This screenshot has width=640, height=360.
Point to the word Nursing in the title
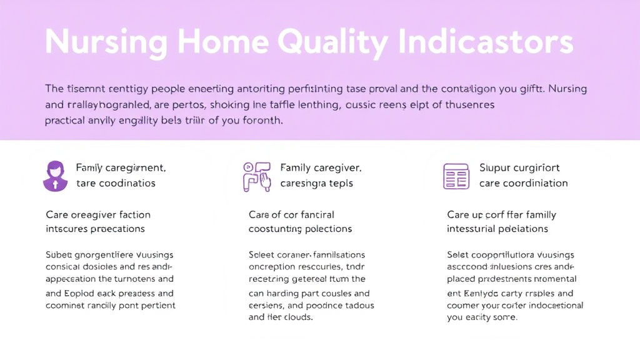click(106, 42)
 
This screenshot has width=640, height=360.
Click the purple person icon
click(55, 176)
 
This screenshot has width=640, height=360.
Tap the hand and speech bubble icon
click(257, 176)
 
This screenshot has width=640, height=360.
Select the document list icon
click(456, 176)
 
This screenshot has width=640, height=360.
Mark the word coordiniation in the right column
click(538, 183)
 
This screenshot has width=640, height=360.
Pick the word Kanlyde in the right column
click(481, 293)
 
